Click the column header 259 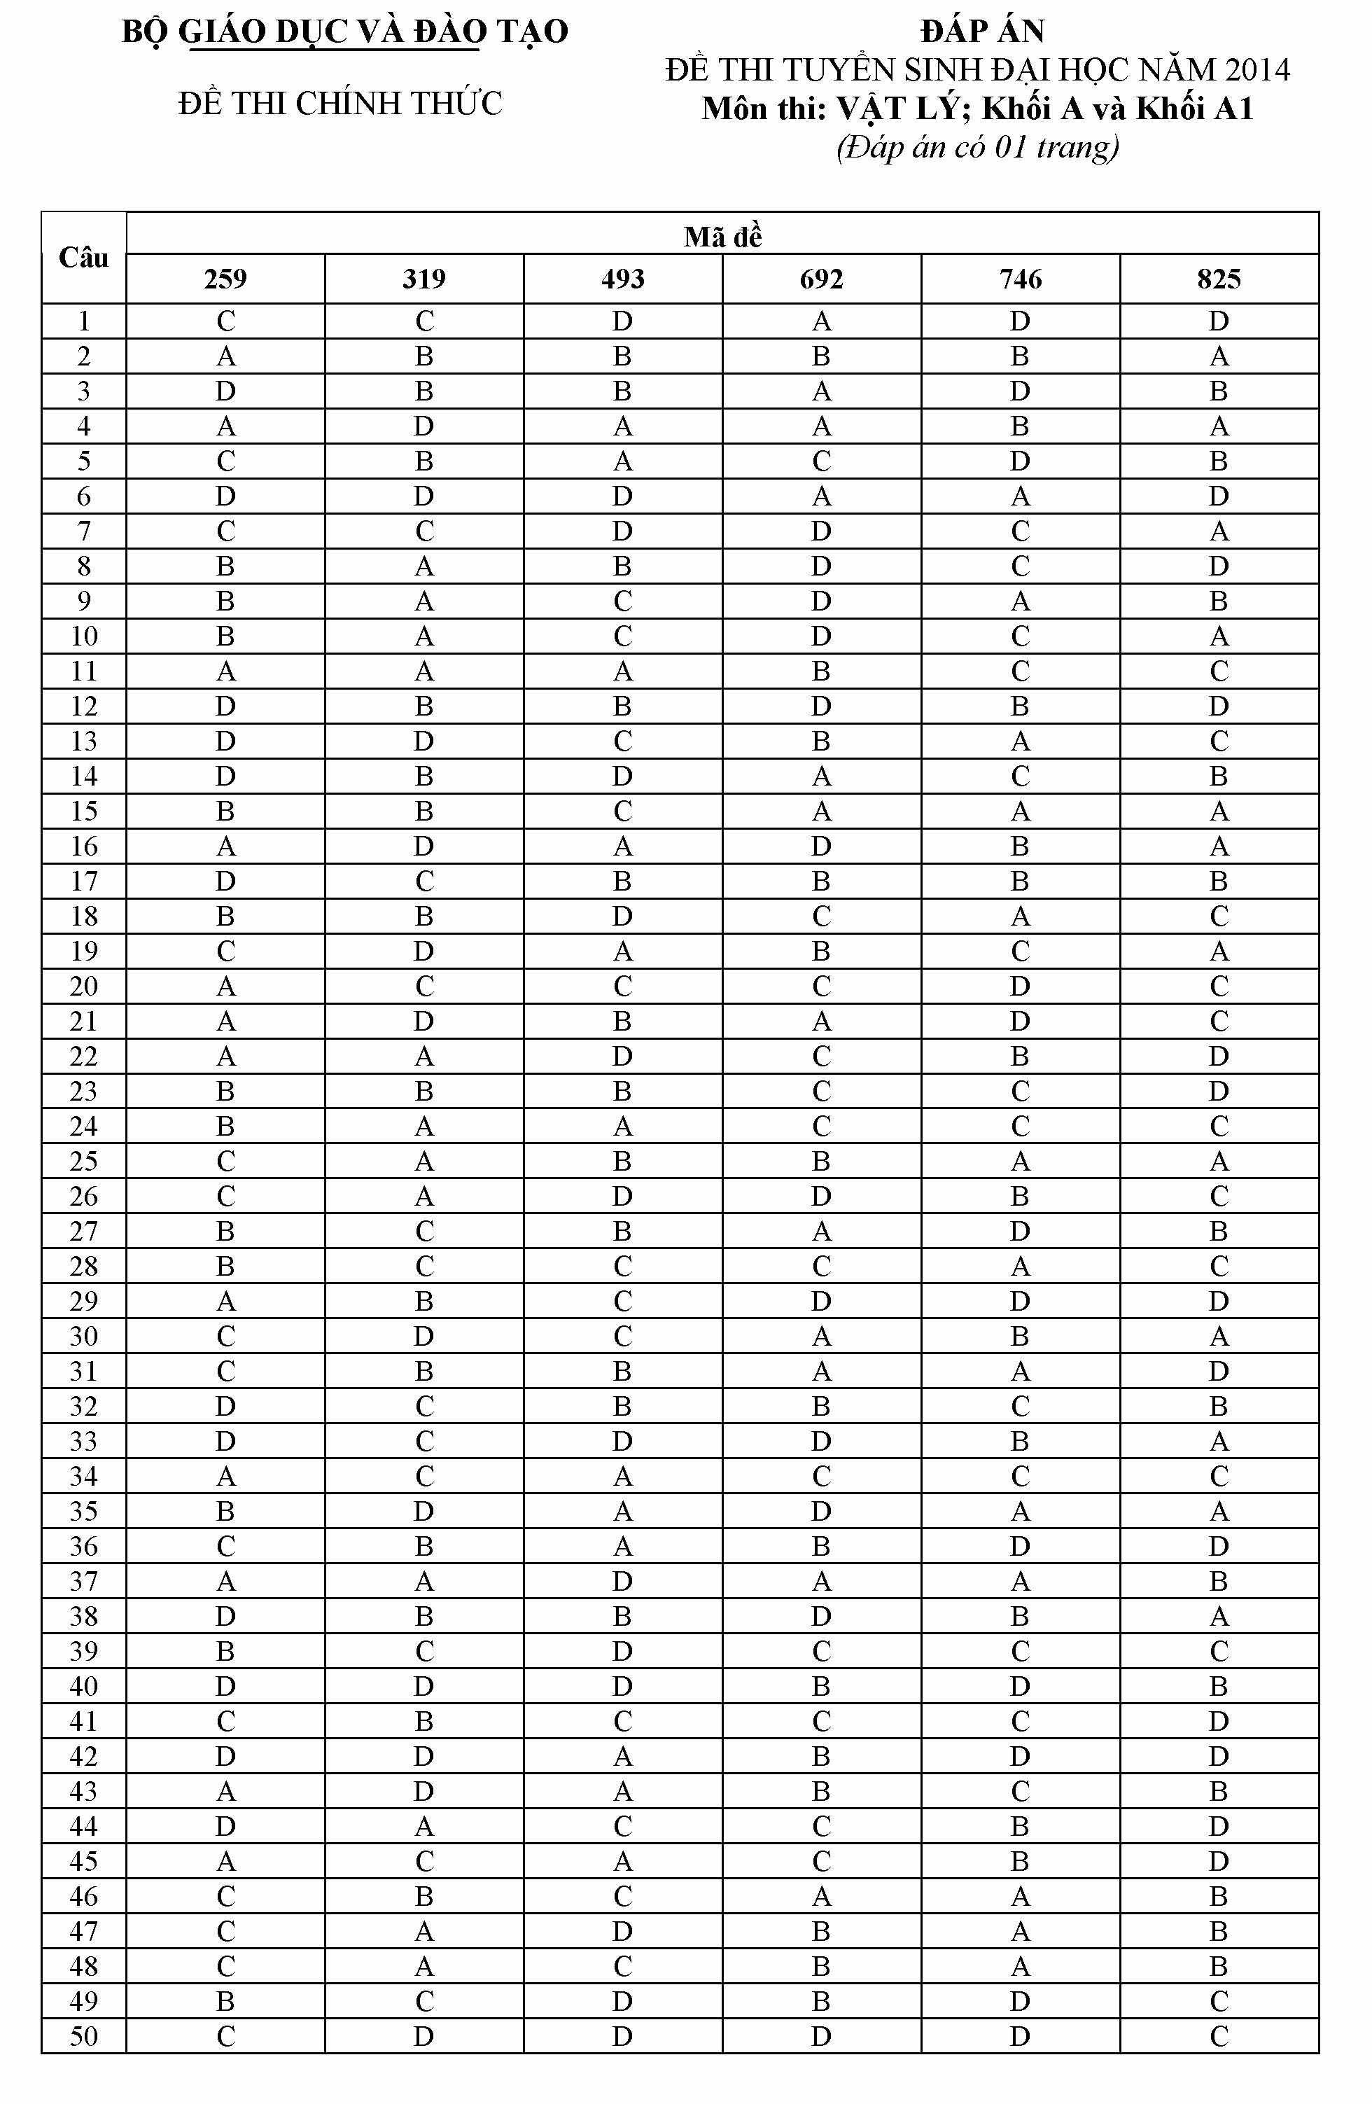(225, 279)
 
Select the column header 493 (622, 279)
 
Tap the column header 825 (1218, 279)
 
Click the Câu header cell (84, 258)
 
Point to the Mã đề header (722, 237)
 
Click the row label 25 (84, 1162)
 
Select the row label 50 (84, 2036)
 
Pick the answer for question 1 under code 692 (821, 321)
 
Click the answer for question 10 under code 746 (1020, 636)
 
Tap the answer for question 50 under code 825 (1218, 2036)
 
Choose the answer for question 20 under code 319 (424, 987)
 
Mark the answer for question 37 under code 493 (622, 1582)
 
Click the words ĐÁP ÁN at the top (981, 32)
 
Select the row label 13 (84, 741)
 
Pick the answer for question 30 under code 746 (1020, 1337)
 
